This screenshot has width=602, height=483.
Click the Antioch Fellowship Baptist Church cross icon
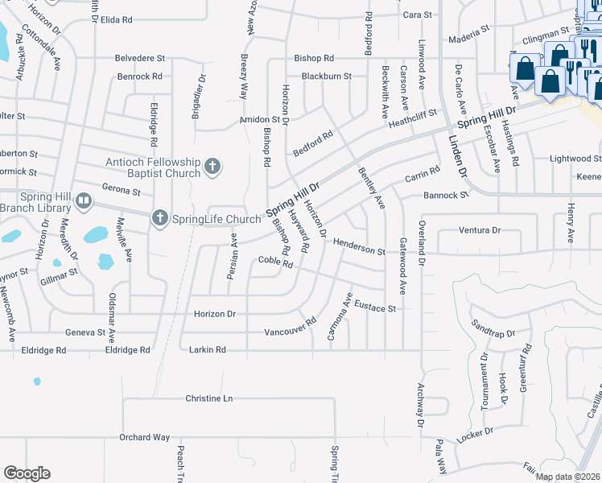pos(212,167)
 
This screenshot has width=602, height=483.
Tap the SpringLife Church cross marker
pos(160,218)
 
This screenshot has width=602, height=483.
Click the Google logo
pos(27,473)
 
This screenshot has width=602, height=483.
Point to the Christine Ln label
pos(208,398)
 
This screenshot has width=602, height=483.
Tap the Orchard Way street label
pos(144,437)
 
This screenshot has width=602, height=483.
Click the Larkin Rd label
pos(207,350)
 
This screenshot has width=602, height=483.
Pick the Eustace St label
pos(376,308)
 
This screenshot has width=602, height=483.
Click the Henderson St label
pos(359,246)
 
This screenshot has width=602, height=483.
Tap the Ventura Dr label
pos(479,230)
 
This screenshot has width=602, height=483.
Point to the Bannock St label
pos(446,195)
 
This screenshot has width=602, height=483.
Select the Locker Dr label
pos(474,434)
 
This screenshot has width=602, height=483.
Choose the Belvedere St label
pos(140,59)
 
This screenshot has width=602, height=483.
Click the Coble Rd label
pos(275,260)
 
